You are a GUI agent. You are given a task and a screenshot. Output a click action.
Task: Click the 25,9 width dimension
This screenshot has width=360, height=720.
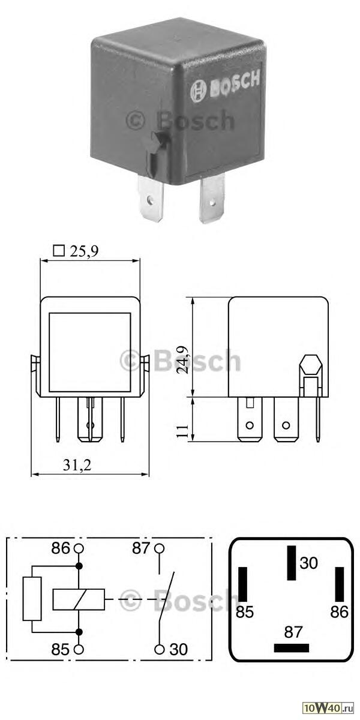click(x=84, y=251)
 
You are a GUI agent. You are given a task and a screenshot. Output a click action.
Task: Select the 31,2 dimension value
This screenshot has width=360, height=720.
click(x=77, y=465)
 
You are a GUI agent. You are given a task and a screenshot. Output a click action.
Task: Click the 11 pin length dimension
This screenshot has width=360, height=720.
click(x=182, y=431)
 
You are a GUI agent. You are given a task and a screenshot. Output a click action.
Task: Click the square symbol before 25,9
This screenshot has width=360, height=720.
click(x=59, y=251)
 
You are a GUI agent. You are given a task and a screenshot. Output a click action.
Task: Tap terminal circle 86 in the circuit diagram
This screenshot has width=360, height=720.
click(x=79, y=548)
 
